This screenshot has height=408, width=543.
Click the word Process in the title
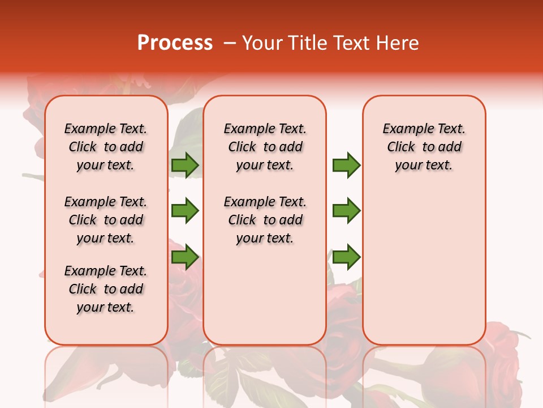click(x=175, y=43)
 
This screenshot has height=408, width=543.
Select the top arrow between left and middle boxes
click(x=185, y=165)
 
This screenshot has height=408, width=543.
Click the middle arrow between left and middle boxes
click(x=185, y=211)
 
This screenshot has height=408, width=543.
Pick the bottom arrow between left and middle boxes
click(x=185, y=257)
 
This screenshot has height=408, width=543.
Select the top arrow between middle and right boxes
click(x=346, y=165)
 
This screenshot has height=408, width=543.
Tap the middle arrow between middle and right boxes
click(x=346, y=211)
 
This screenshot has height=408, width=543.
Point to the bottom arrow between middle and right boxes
click(x=346, y=257)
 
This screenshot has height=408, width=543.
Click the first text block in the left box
click(x=106, y=147)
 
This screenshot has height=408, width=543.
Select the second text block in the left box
click(x=106, y=220)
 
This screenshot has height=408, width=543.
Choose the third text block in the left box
click(x=106, y=289)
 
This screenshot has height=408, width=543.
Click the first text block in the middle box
click(x=265, y=147)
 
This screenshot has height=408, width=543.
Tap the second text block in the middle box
click(x=265, y=220)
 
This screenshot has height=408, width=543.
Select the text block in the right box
click(x=424, y=147)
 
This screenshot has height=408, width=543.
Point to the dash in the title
click(x=229, y=43)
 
